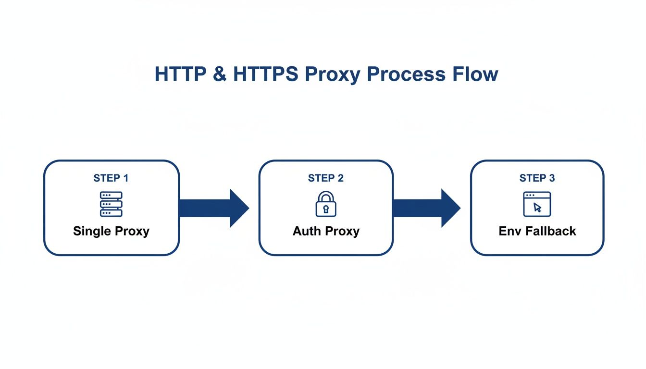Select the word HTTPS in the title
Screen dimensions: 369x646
pyautogui.click(x=266, y=74)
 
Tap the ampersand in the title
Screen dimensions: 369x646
pyautogui.click(x=219, y=74)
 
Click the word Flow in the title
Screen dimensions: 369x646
pyautogui.click(x=471, y=74)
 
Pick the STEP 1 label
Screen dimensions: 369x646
pyautogui.click(x=111, y=178)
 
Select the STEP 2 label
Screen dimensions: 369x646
pyautogui.click(x=326, y=178)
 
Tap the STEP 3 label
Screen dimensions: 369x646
pyautogui.click(x=537, y=178)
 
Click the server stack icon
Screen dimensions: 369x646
pyautogui.click(x=111, y=204)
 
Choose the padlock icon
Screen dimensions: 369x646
pyautogui.click(x=326, y=204)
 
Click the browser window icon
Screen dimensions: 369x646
pyautogui.click(x=537, y=204)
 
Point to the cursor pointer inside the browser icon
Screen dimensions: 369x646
pyautogui.click(x=537, y=207)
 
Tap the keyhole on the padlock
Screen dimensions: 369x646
pyautogui.click(x=326, y=209)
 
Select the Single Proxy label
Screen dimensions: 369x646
pyautogui.click(x=111, y=231)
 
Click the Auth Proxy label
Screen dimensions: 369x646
pyautogui.click(x=326, y=231)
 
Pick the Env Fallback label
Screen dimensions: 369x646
pyautogui.click(x=537, y=231)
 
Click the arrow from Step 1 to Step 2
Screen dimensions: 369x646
pyautogui.click(x=214, y=208)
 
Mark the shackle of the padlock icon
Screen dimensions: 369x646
pyautogui.click(x=326, y=196)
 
